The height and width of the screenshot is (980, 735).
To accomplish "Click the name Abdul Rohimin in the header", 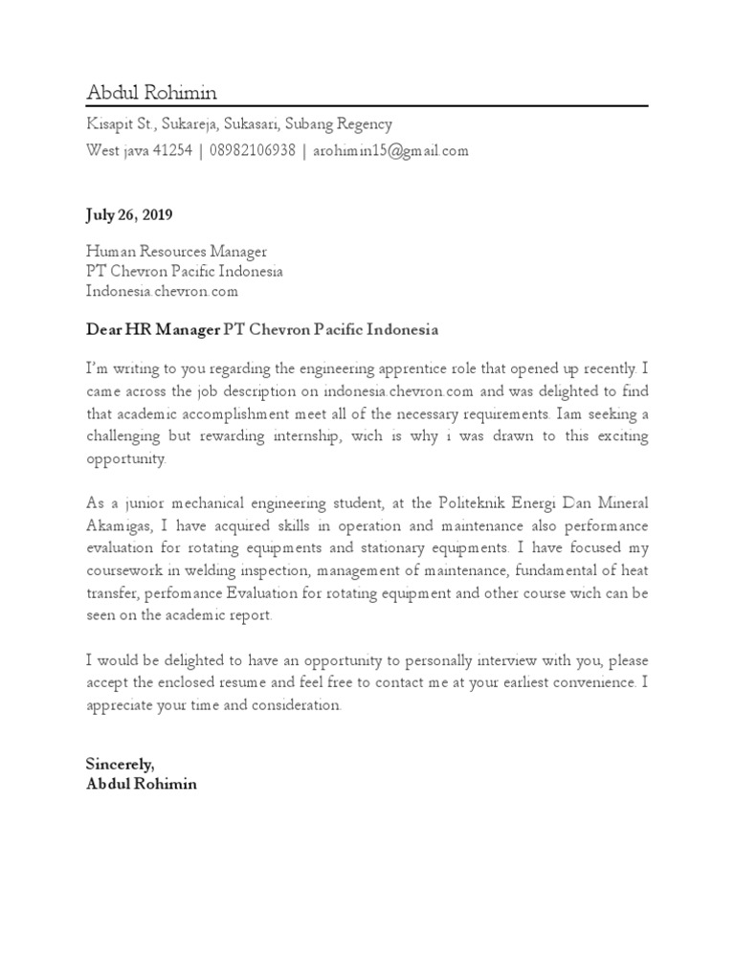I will (x=151, y=93).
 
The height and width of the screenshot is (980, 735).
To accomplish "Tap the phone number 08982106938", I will (x=252, y=151).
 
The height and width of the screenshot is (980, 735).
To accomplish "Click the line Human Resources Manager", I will (x=176, y=252).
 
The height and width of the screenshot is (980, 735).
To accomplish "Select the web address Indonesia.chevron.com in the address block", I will (x=162, y=291).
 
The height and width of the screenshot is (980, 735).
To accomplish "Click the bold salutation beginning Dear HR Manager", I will (x=261, y=329).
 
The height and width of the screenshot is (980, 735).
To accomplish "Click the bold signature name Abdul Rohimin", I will (x=142, y=784).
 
